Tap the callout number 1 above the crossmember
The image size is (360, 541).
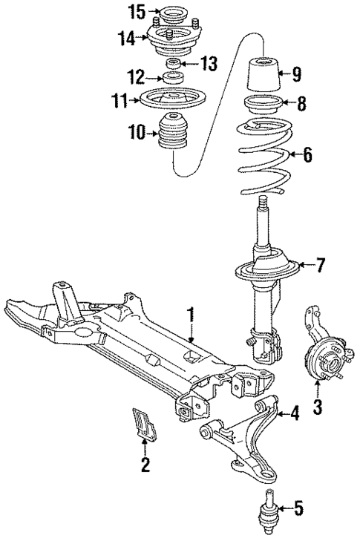191,315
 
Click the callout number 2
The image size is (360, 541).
145,465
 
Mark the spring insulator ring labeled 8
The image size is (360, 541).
263,105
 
